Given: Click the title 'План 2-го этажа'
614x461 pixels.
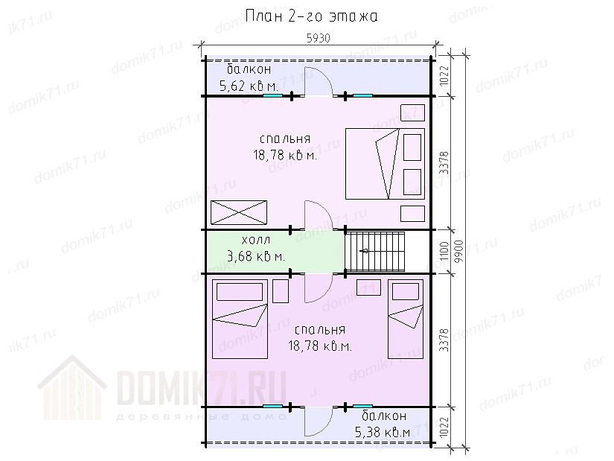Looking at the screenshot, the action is click(x=311, y=16).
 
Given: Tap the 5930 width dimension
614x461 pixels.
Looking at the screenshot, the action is click(x=318, y=38).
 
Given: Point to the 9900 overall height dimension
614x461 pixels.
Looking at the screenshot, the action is click(x=459, y=251).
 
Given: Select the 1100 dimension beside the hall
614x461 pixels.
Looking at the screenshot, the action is click(x=444, y=251).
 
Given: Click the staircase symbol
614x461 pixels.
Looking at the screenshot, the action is click(x=375, y=251).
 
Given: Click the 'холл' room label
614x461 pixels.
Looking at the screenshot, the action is click(x=256, y=240).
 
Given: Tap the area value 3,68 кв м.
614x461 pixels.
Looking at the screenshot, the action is click(x=256, y=256).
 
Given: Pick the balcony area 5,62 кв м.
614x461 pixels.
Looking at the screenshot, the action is click(x=249, y=86).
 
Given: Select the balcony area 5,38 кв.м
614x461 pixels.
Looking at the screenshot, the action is click(x=383, y=432).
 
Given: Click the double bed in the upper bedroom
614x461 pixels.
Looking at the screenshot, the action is click(x=385, y=163).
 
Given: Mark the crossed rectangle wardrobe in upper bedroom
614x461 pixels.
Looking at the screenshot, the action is click(x=239, y=212).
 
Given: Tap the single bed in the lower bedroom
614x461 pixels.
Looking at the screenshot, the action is click(x=406, y=319).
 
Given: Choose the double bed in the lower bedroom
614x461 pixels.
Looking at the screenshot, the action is click(x=240, y=319).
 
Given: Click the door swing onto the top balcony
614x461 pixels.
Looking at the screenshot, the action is click(x=319, y=81).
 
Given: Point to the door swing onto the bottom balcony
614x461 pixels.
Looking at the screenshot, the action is click(x=319, y=422).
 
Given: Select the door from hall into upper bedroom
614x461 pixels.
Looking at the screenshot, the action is click(x=319, y=214).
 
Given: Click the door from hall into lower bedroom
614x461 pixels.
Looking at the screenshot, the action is click(x=319, y=287).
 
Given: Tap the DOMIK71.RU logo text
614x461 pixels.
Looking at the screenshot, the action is click(x=201, y=387).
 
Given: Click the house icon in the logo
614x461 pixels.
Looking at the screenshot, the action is click(x=72, y=388).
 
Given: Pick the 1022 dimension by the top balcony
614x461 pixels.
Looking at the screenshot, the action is click(x=444, y=76).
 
